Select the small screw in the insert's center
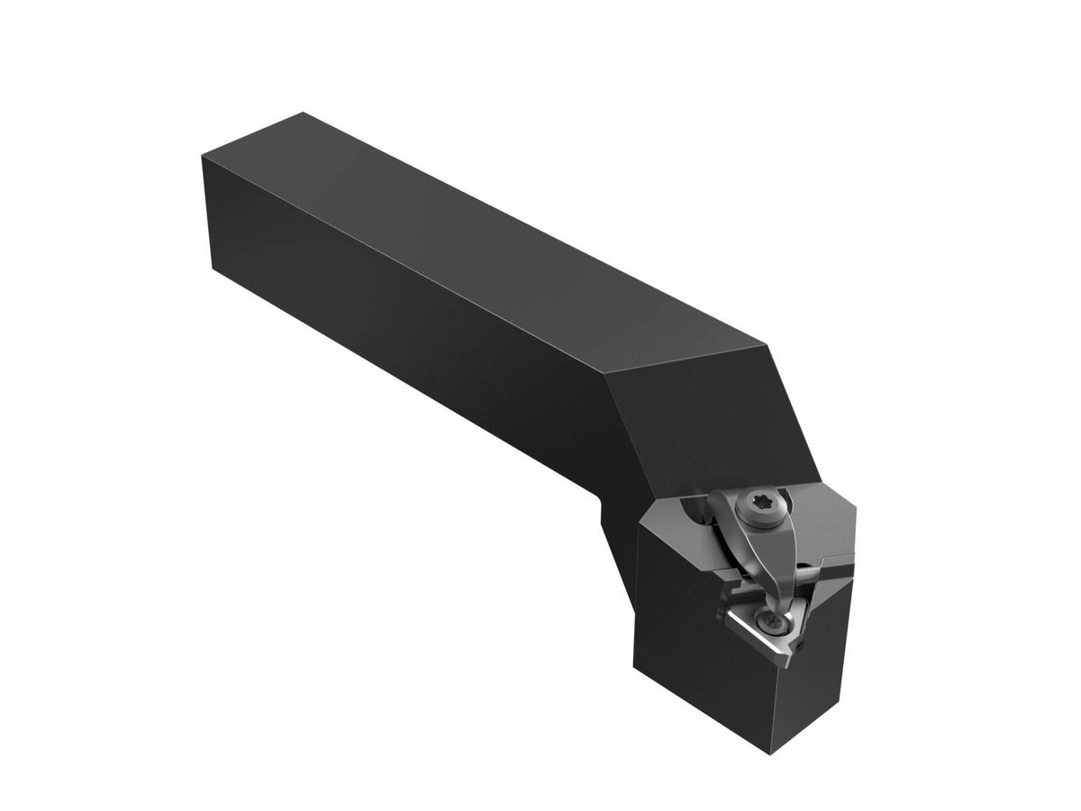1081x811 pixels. pyautogui.click(x=772, y=623)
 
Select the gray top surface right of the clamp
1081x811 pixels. pyautogui.click(x=825, y=524)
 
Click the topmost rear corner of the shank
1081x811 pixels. pyautogui.click(x=304, y=113)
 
